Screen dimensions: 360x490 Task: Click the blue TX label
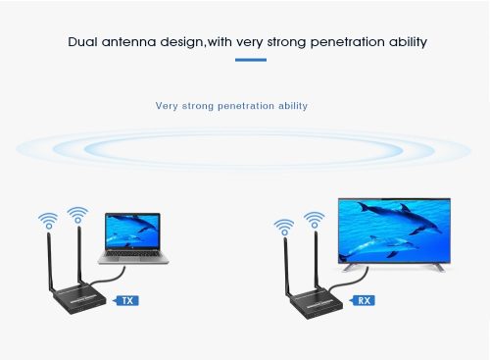[126, 300]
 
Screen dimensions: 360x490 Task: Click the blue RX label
[364, 300]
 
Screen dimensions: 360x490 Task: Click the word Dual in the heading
[83, 42]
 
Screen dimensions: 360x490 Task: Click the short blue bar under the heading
[250, 60]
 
